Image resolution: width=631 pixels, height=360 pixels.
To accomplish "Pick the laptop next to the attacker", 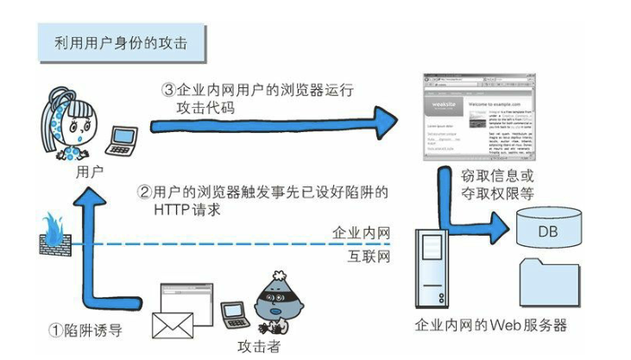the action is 234,313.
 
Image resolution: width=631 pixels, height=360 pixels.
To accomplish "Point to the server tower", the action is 434,268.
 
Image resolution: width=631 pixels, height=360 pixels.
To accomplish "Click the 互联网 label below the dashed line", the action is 363,257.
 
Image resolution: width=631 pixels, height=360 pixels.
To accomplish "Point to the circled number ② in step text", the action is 146,192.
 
